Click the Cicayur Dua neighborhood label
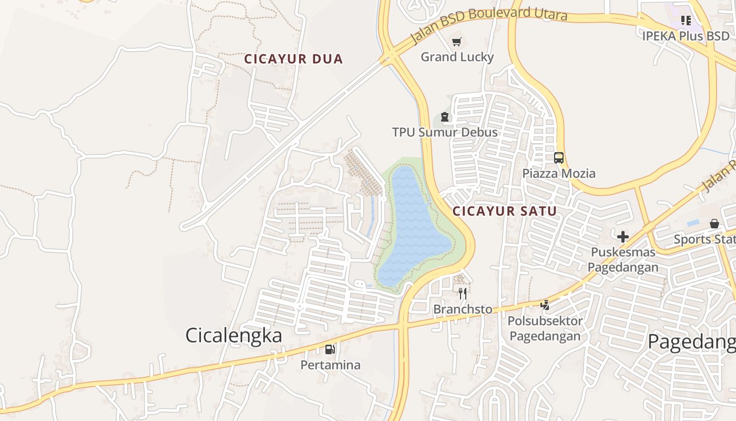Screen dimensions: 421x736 293,59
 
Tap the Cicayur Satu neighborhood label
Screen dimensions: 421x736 505,212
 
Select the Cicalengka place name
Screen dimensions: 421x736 233,335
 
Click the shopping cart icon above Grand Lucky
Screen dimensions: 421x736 457,41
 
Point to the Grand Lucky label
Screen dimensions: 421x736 457,57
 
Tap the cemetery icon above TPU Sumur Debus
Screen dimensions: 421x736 445,117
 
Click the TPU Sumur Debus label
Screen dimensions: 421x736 445,132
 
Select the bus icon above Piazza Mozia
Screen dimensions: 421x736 558,157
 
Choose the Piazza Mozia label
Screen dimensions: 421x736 558,173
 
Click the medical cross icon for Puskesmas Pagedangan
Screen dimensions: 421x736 623,237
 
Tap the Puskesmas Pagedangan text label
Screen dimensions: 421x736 623,259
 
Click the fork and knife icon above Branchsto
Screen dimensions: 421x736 463,293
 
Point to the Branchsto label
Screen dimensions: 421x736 463,309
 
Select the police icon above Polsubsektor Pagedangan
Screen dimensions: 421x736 545,305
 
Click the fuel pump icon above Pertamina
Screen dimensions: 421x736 330,349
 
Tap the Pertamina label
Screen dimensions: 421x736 330,365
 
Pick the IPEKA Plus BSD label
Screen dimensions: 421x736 686,36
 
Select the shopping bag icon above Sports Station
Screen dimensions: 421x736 714,224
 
